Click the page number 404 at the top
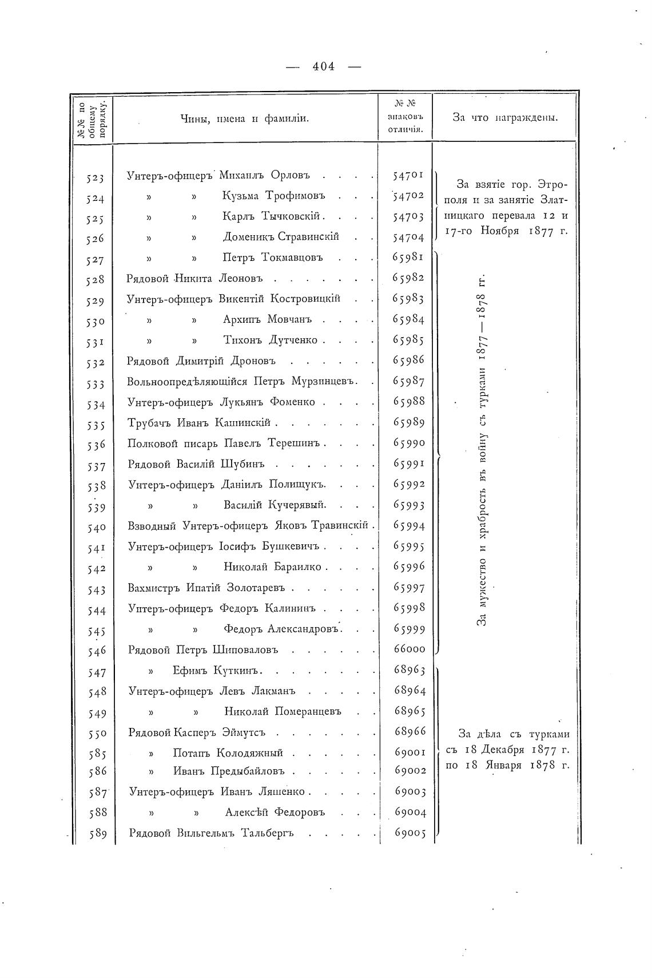click(x=324, y=66)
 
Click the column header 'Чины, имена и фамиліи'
click(x=245, y=118)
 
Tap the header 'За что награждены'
click(x=505, y=118)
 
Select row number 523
click(x=96, y=178)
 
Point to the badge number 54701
click(x=408, y=175)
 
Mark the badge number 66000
click(x=410, y=649)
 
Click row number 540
click(x=96, y=527)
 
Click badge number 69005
click(x=410, y=833)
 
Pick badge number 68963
click(x=410, y=670)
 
